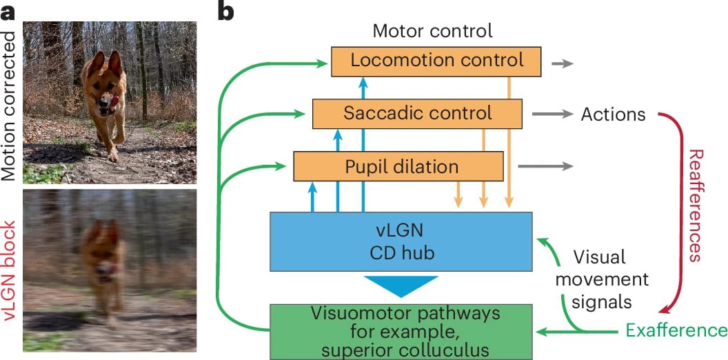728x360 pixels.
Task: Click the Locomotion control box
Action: tap(437, 61)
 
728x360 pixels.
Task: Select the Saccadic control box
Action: tap(418, 113)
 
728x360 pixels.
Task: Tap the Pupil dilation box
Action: tap(398, 166)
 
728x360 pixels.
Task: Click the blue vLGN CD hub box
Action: tap(401, 241)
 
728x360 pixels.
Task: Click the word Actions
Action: tap(614, 114)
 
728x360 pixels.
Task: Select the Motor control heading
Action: tap(432, 31)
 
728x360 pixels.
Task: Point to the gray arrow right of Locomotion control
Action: tap(562, 63)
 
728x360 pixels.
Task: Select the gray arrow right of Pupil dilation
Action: tap(545, 166)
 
